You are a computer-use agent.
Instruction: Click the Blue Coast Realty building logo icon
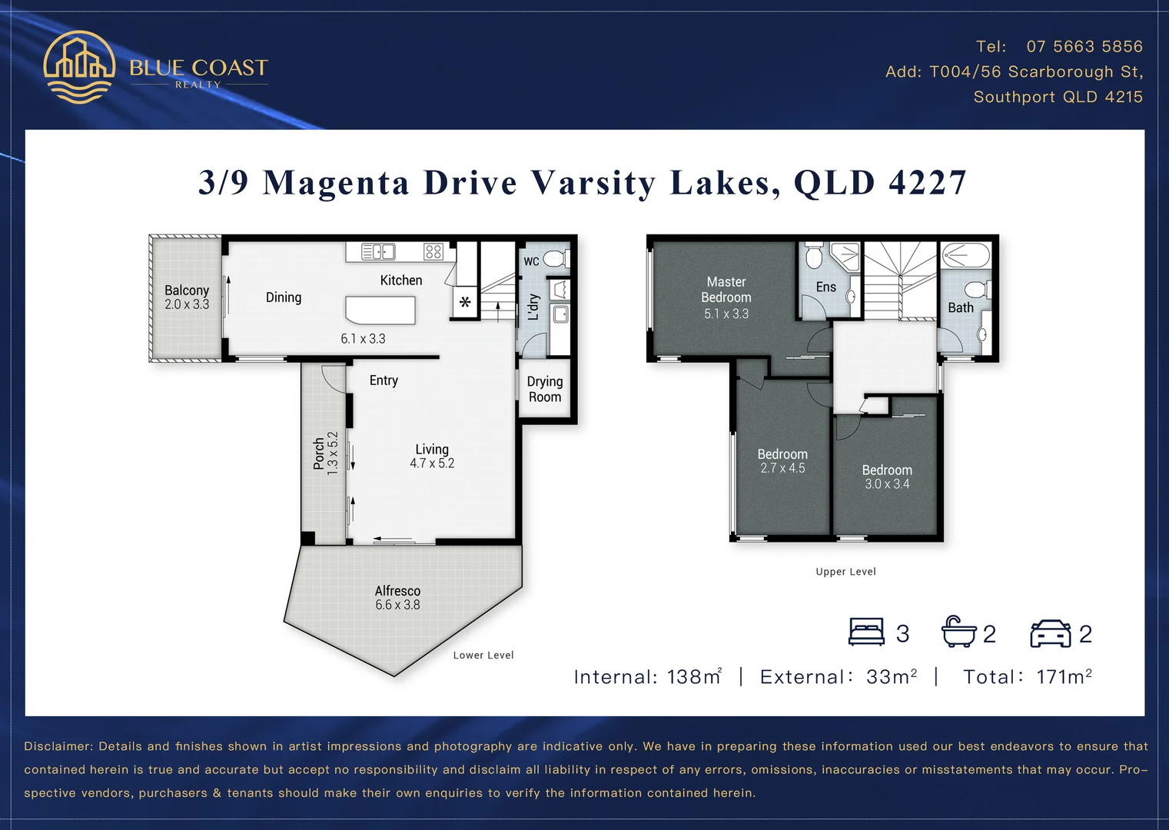point(79,67)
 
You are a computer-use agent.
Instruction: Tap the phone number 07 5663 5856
point(1084,47)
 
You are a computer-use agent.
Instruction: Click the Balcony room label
point(187,290)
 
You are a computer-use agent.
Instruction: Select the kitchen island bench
point(380,310)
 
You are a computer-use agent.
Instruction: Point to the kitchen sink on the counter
point(378,252)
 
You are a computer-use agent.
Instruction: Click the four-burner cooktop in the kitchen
point(433,252)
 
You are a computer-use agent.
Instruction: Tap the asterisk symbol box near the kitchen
point(465,302)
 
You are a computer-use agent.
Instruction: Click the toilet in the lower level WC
point(555,259)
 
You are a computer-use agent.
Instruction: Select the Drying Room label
point(545,390)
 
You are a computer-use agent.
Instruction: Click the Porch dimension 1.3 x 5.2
point(333,453)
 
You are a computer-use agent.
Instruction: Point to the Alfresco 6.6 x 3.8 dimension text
point(397,606)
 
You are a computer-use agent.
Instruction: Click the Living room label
point(432,450)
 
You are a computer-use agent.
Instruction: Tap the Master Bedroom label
point(726,290)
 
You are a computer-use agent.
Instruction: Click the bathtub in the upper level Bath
point(966,255)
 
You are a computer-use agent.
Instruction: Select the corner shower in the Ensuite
point(845,257)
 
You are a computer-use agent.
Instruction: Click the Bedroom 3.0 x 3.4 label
point(887,470)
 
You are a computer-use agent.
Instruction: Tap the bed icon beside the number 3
point(866,632)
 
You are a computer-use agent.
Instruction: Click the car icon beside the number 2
point(1050,633)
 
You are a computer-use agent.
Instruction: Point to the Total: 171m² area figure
point(1028,677)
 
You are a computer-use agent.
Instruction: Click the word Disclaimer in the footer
point(58,746)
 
